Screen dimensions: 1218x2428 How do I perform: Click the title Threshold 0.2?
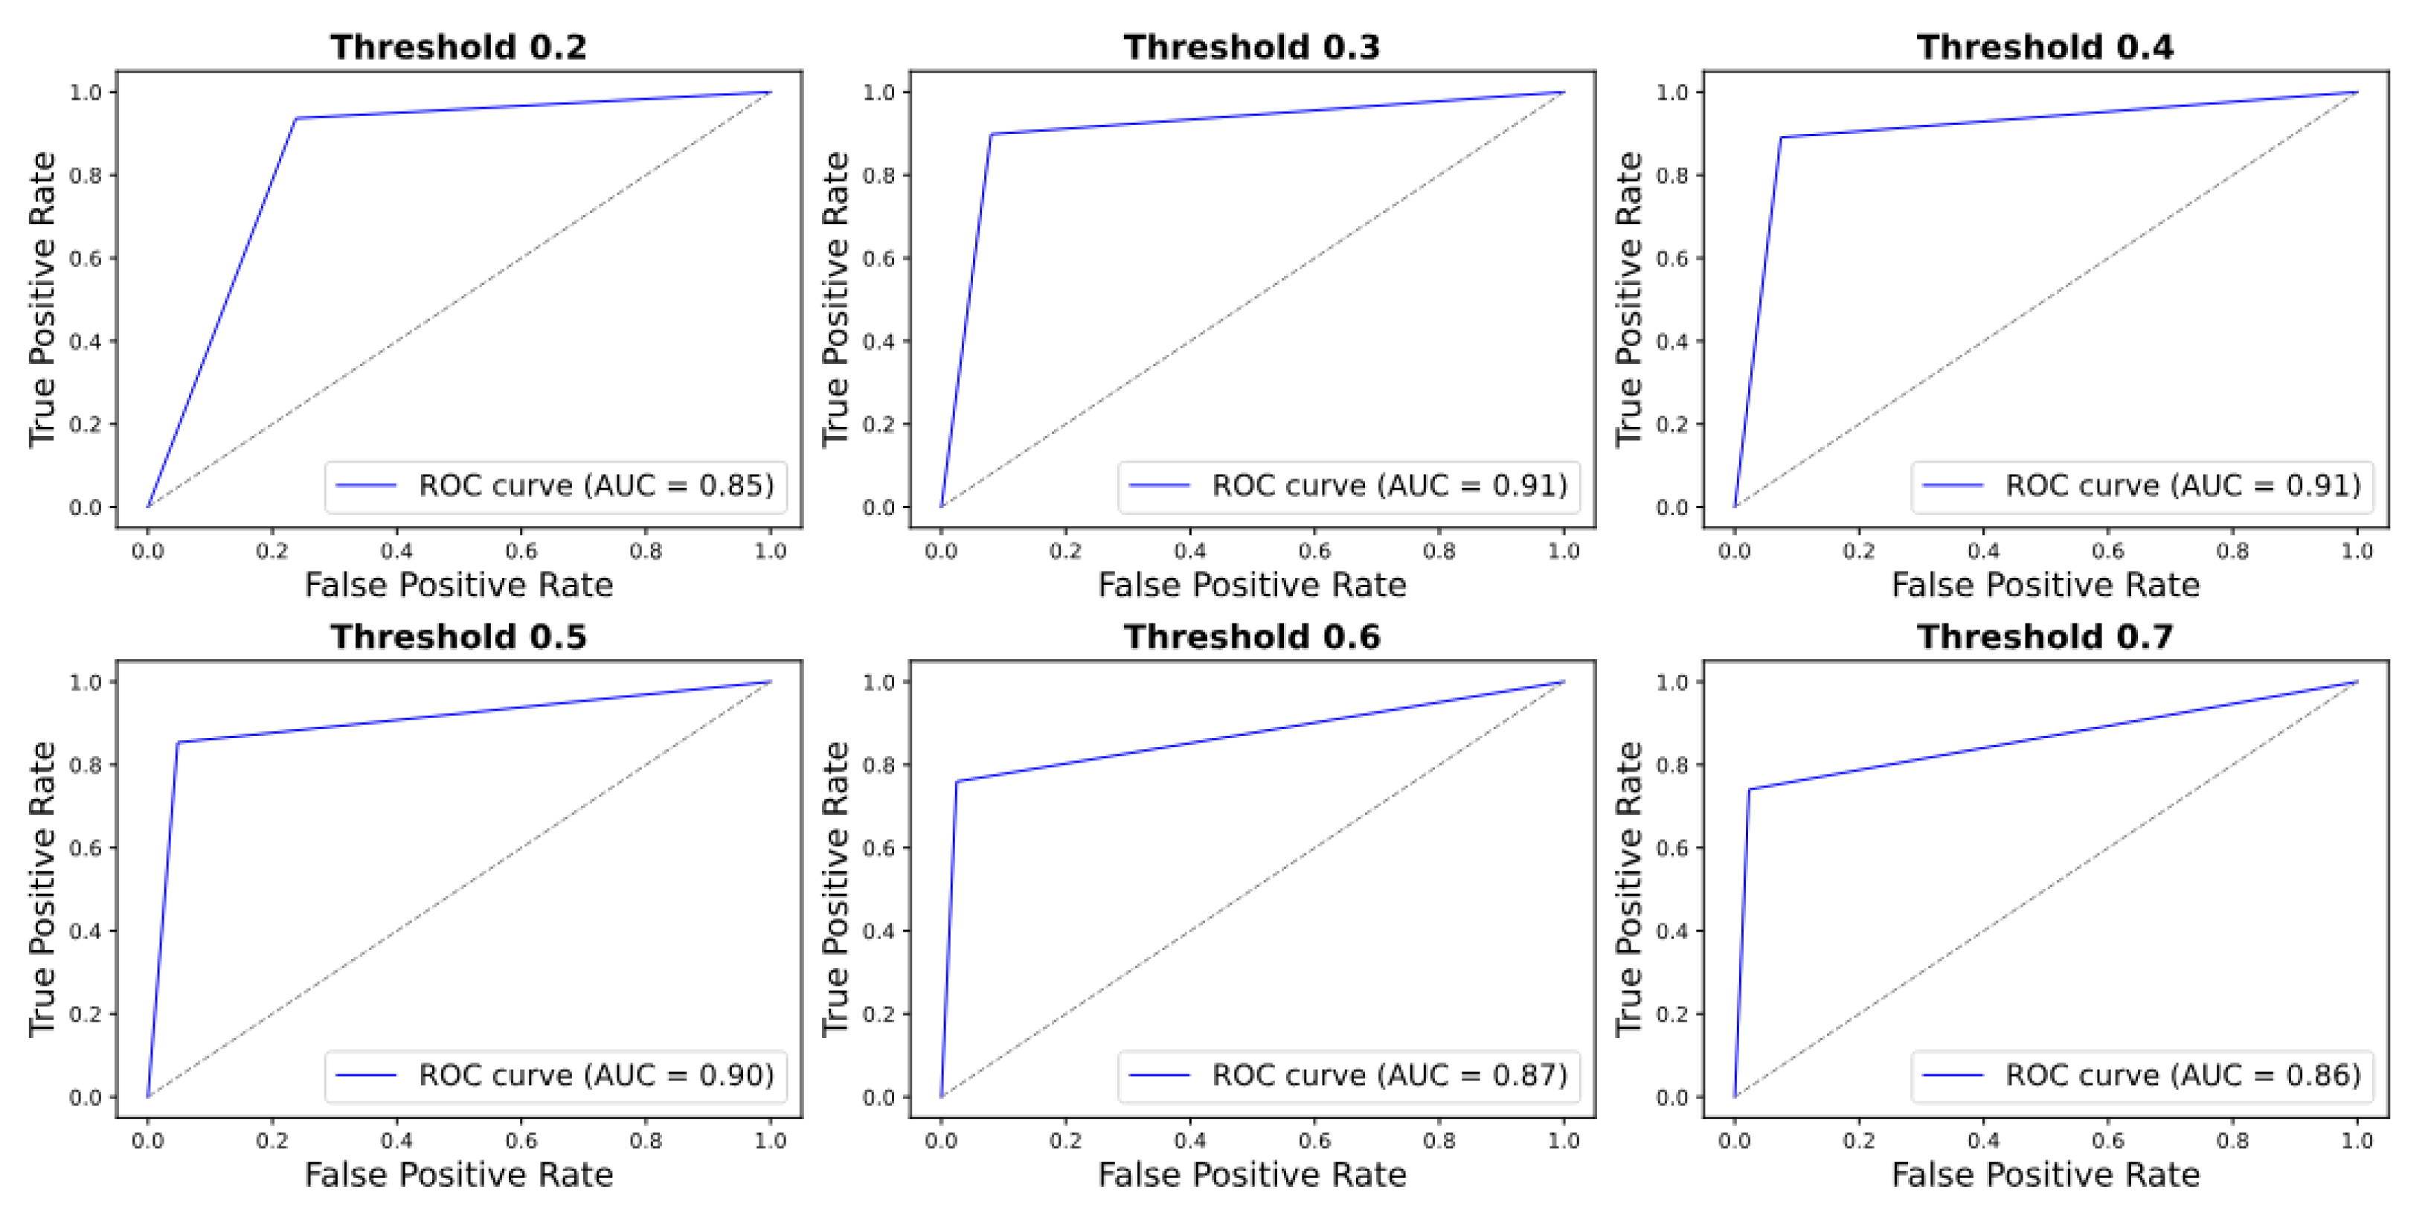point(458,47)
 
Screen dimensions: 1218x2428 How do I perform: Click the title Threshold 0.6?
point(1252,638)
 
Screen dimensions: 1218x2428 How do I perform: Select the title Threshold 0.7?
point(2046,638)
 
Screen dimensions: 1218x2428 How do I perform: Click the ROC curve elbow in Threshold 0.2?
point(296,119)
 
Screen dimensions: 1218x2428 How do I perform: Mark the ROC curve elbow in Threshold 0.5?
point(178,742)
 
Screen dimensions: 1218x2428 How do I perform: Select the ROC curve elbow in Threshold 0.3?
point(991,134)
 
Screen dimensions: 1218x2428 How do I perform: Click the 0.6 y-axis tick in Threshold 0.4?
point(1673,258)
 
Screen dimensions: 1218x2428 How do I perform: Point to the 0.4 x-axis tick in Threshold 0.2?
point(396,551)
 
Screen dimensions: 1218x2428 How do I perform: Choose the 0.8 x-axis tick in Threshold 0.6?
point(1439,1141)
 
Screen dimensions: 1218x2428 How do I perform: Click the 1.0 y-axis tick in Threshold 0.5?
point(86,682)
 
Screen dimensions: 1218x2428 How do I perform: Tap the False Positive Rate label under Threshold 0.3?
point(1252,586)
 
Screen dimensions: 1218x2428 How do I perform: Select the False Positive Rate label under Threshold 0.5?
point(458,1176)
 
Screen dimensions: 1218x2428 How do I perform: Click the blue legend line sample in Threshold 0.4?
point(1953,486)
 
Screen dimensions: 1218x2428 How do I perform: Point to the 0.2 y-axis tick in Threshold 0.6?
point(879,1014)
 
